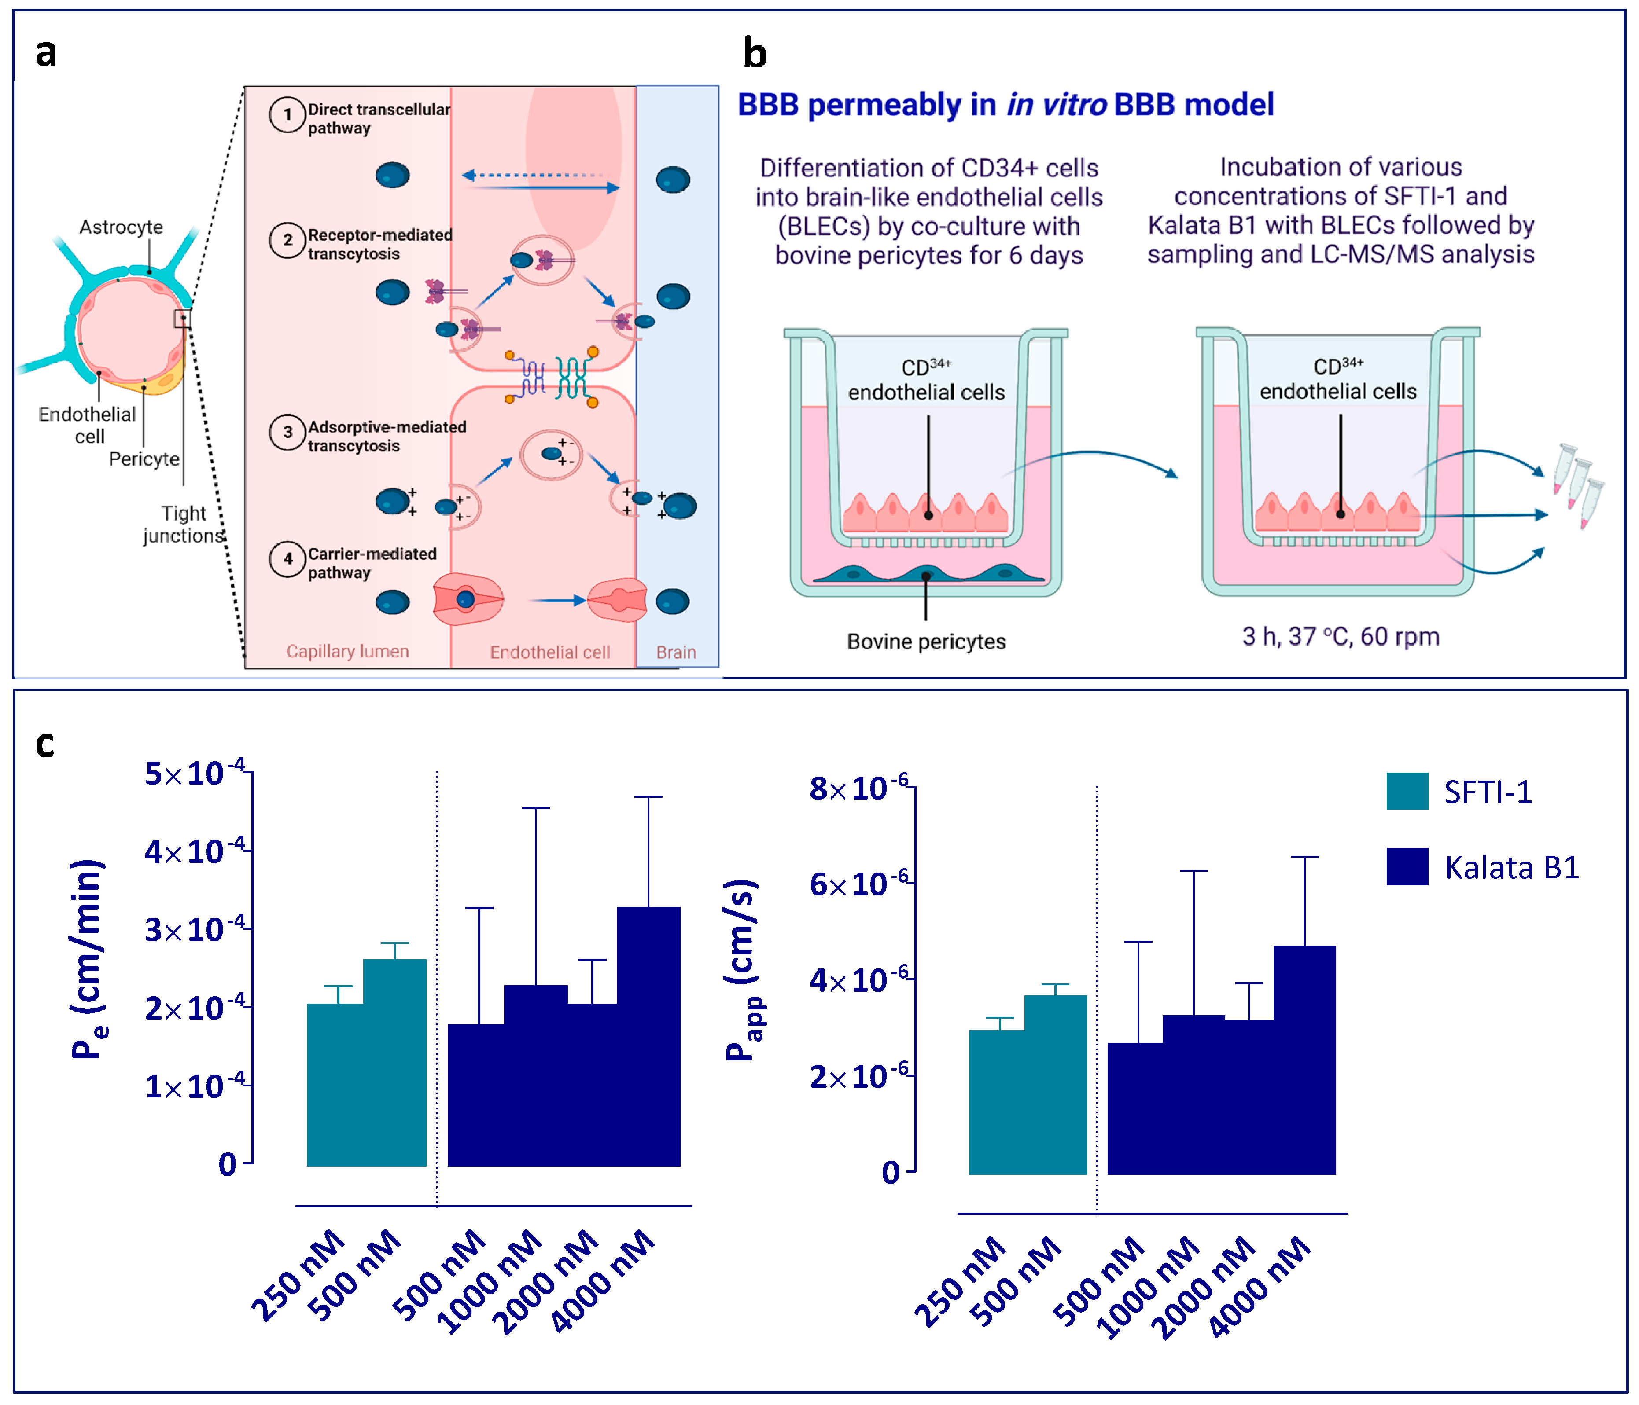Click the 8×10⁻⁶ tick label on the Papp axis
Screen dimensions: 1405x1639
[858, 788]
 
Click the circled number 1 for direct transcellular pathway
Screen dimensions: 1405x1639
[287, 115]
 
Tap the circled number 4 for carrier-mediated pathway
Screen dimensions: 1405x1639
[287, 559]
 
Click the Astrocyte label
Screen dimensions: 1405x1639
[121, 227]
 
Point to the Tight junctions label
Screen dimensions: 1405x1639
[184, 524]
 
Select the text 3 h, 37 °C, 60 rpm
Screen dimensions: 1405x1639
[1340, 636]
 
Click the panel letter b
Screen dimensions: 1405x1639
[755, 54]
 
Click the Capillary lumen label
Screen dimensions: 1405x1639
[347, 652]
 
